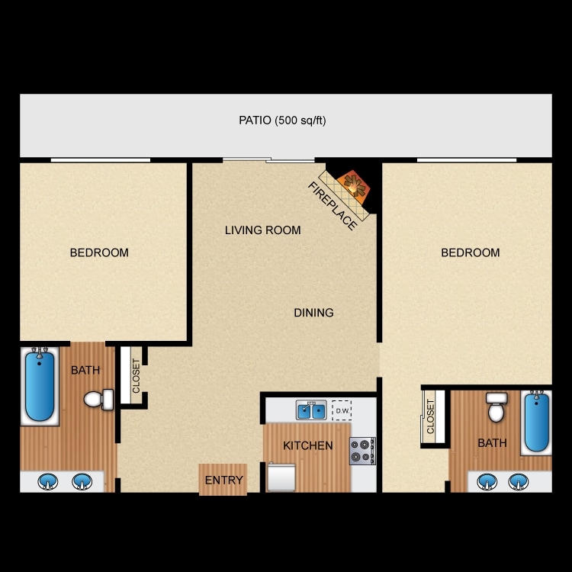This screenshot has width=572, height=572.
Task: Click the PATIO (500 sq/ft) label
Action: point(282,120)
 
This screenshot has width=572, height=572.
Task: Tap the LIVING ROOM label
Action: point(262,230)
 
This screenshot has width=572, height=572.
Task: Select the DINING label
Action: point(313,312)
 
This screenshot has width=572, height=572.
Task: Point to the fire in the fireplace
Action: point(352,183)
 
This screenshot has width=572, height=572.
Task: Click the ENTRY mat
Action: point(223,480)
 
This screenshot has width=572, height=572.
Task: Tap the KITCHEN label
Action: point(307,445)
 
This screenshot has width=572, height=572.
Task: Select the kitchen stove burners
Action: point(362,451)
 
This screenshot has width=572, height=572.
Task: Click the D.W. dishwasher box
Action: point(341,410)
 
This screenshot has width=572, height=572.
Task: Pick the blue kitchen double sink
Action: point(311,411)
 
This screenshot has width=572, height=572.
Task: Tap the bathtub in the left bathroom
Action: point(40,385)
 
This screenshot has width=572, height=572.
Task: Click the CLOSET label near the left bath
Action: point(136,376)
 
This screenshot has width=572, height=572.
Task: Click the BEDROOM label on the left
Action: point(99,252)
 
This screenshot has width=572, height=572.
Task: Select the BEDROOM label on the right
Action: point(471,252)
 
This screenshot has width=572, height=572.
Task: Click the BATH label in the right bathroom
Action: point(492,442)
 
